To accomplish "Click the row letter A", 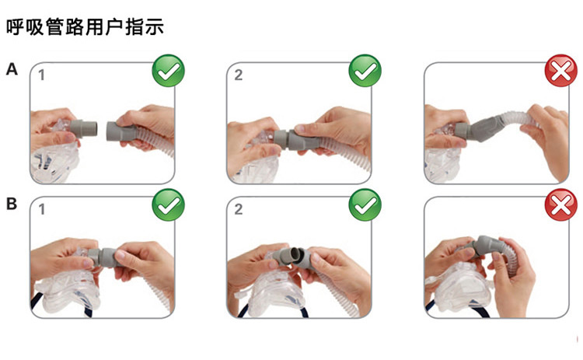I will pyautogui.click(x=12, y=70).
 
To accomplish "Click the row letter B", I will pyautogui.click(x=12, y=205).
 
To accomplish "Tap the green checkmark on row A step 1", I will pyautogui.click(x=168, y=72).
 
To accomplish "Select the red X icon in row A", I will pyautogui.click(x=559, y=72).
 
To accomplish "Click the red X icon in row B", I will pyautogui.click(x=559, y=206).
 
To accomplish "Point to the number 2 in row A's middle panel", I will pyautogui.click(x=239, y=75).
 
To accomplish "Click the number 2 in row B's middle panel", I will pyautogui.click(x=239, y=209).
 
